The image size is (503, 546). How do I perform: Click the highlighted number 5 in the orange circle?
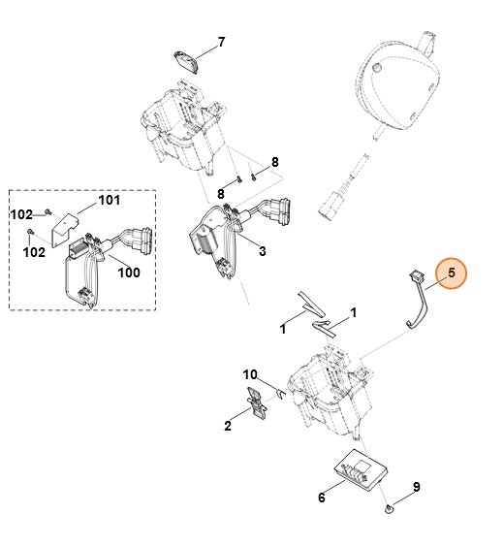click(450, 273)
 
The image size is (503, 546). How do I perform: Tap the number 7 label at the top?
click(221, 43)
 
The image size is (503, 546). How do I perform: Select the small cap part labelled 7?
click(186, 58)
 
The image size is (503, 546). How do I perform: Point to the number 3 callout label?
click(262, 250)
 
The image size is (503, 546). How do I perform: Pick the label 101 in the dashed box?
click(110, 201)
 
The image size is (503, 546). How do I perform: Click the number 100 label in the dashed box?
click(129, 273)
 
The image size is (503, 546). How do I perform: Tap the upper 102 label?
click(22, 213)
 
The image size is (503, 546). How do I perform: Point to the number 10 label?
click(249, 375)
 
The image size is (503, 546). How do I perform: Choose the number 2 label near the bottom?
click(228, 424)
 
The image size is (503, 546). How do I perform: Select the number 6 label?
click(322, 498)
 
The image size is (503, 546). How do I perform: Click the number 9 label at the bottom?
click(416, 486)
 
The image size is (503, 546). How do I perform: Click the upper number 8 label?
click(274, 161)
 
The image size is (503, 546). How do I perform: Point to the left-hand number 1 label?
click(284, 330)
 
